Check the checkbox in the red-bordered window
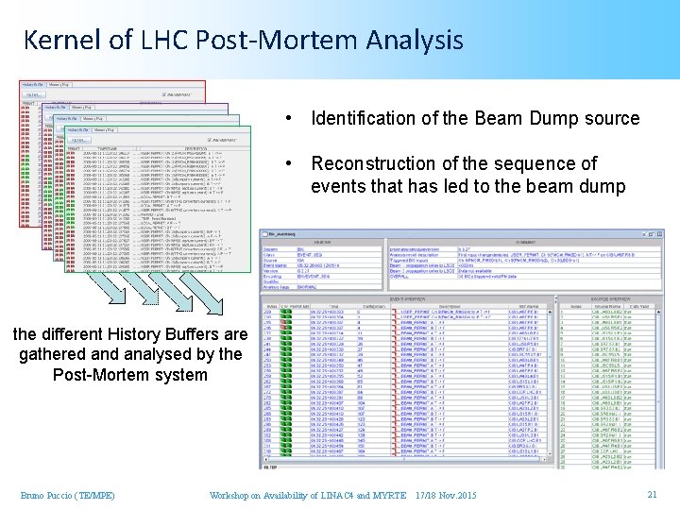point(165,94)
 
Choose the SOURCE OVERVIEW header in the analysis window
point(605,296)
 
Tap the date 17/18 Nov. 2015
point(446,496)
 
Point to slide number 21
point(652,495)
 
